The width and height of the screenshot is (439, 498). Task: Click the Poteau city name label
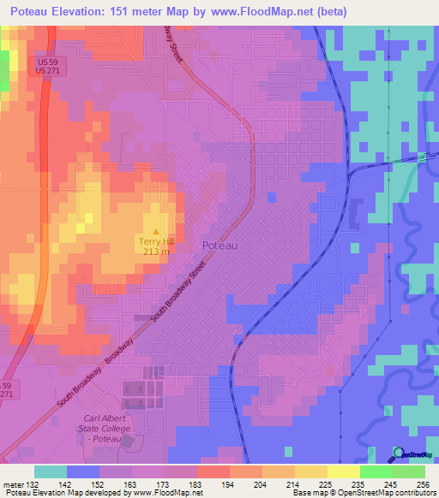coord(219,246)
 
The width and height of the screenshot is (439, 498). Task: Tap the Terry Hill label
coord(155,242)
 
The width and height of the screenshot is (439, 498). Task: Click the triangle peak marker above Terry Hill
coord(155,231)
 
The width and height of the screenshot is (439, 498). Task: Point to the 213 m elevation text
coord(155,252)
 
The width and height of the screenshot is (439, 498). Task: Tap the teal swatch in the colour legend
coord(50,471)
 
